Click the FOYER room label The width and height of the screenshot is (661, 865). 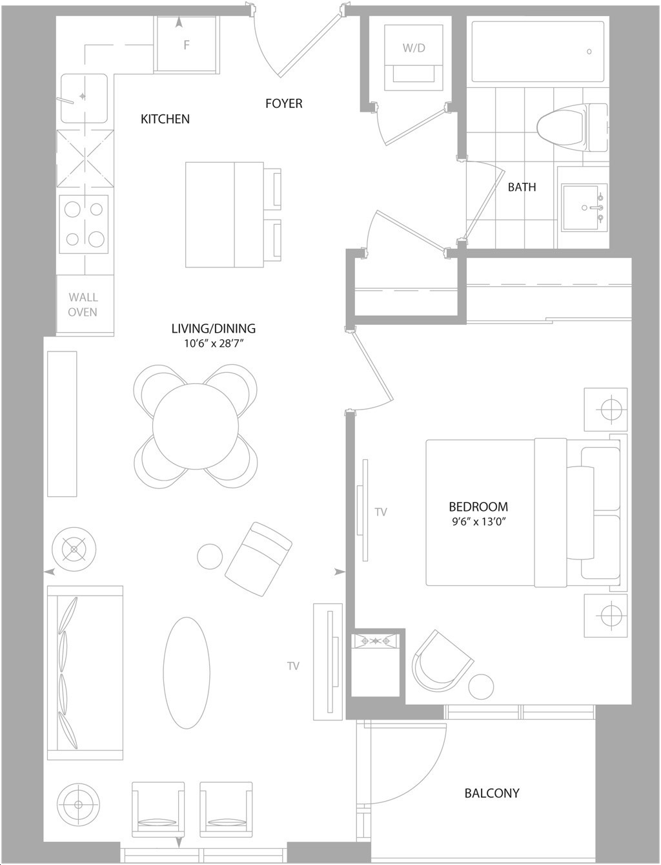click(x=284, y=103)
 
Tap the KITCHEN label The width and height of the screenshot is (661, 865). click(x=165, y=119)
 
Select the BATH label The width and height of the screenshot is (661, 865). click(x=522, y=187)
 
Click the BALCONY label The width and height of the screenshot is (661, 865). click(x=492, y=793)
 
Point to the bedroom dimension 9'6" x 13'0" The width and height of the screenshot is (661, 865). click(x=478, y=522)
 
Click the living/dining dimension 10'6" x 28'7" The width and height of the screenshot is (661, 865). click(x=214, y=343)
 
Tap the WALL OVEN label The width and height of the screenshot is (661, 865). click(x=83, y=305)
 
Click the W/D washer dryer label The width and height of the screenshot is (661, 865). click(x=414, y=48)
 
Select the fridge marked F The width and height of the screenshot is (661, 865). click(x=186, y=45)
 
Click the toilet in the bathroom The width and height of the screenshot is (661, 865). click(x=572, y=128)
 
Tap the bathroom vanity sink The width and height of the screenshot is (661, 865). click(x=585, y=207)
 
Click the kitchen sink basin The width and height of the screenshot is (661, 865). click(x=84, y=98)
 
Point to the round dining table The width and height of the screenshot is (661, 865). click(x=196, y=426)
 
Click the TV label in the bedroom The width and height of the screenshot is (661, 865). click(x=381, y=512)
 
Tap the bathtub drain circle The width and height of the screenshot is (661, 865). click(x=589, y=52)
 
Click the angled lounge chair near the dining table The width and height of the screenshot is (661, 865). click(x=258, y=559)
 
